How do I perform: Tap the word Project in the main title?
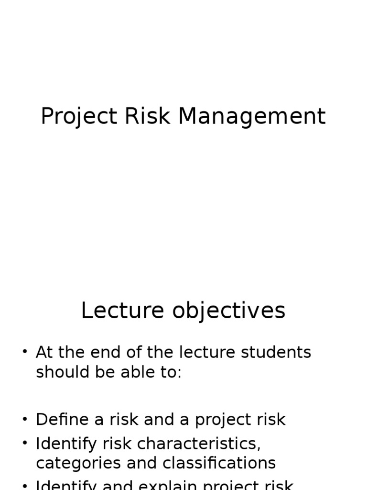pyautogui.click(x=78, y=117)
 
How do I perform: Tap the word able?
pyautogui.click(x=135, y=372)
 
